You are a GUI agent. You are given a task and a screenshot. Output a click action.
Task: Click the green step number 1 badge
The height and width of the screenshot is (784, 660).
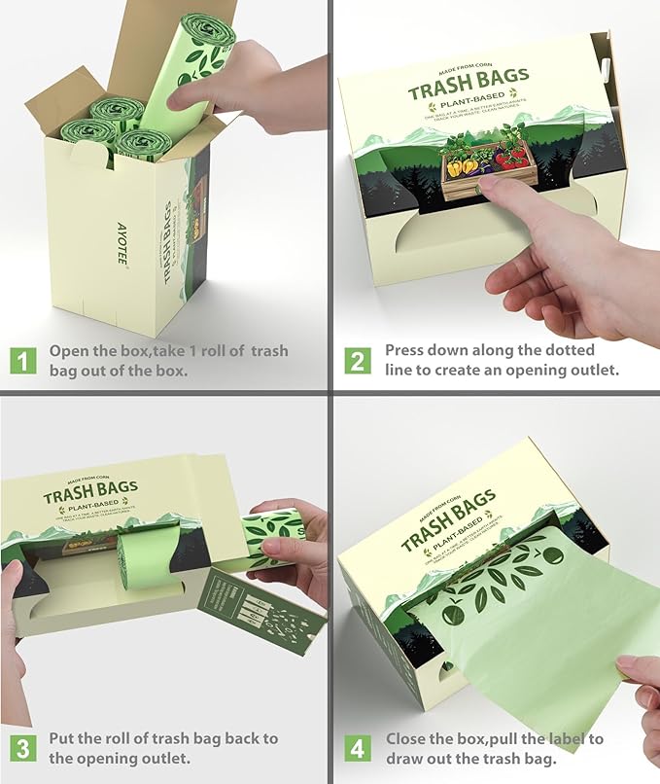coord(21,361)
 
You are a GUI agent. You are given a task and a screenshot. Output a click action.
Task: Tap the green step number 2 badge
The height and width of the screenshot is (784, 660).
coord(359,361)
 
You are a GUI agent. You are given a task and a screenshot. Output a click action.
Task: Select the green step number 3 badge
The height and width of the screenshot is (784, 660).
coord(21,749)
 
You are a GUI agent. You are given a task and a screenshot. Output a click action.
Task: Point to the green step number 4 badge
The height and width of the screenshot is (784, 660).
coord(359,749)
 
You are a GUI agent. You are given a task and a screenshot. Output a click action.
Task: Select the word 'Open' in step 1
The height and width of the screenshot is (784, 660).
coord(69,351)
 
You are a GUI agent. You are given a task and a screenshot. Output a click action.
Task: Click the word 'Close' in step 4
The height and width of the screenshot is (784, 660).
coord(406,739)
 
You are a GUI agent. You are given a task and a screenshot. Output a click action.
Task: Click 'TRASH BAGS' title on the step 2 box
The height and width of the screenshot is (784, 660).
coord(469,88)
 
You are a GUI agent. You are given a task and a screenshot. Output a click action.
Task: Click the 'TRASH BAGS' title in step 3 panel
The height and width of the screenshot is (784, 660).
coord(89,492)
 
